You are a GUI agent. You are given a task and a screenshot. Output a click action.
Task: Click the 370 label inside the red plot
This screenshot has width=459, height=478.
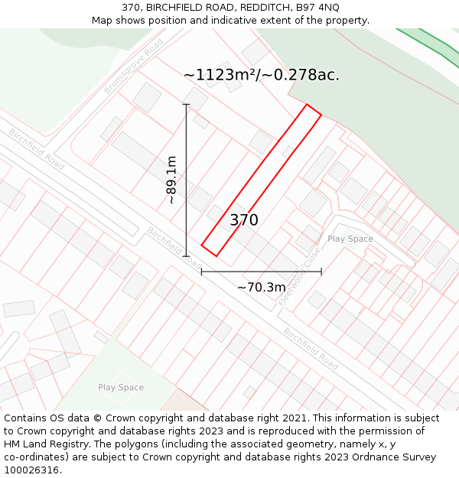pos(244,220)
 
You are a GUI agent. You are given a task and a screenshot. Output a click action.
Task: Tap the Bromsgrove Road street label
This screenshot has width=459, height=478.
pos(135,67)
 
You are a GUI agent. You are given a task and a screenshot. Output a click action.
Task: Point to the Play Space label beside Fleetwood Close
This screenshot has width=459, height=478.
pos(350,239)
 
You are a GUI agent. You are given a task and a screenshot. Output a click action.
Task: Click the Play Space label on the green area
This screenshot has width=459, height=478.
pos(121,388)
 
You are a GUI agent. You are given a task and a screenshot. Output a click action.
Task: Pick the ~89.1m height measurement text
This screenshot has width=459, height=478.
pos(172,180)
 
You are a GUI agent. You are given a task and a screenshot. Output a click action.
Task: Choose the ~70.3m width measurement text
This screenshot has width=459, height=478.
pos(261,288)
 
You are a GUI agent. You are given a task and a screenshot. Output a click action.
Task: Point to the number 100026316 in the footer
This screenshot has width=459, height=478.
pos(31,470)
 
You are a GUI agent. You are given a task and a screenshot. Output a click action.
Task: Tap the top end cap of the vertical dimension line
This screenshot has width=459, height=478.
pos(186,104)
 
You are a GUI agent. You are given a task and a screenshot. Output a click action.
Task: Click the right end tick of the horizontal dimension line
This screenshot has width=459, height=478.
pos(321,271)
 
